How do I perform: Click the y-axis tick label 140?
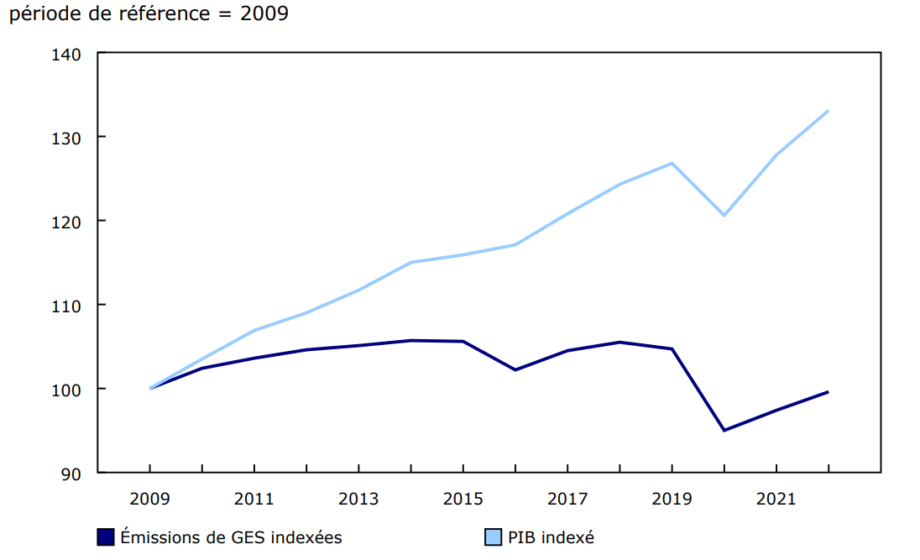(x=66, y=55)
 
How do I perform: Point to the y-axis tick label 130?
(x=66, y=138)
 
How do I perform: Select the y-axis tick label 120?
(x=66, y=222)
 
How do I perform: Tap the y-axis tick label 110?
(x=66, y=306)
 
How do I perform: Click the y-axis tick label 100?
(x=66, y=390)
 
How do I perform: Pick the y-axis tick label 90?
(x=71, y=474)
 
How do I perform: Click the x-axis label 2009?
(x=150, y=500)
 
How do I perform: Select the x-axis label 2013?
(x=358, y=500)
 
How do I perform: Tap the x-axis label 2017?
(x=567, y=500)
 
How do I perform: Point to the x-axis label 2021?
(x=776, y=500)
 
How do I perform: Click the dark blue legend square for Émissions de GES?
(x=106, y=537)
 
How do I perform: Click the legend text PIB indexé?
(x=551, y=537)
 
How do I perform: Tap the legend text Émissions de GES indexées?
(x=231, y=537)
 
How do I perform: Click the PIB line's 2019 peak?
(x=672, y=163)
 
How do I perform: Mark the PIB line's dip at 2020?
(x=724, y=216)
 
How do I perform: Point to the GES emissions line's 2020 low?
(x=724, y=431)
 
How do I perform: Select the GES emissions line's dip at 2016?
(x=515, y=369)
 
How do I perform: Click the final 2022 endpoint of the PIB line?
(x=829, y=111)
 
